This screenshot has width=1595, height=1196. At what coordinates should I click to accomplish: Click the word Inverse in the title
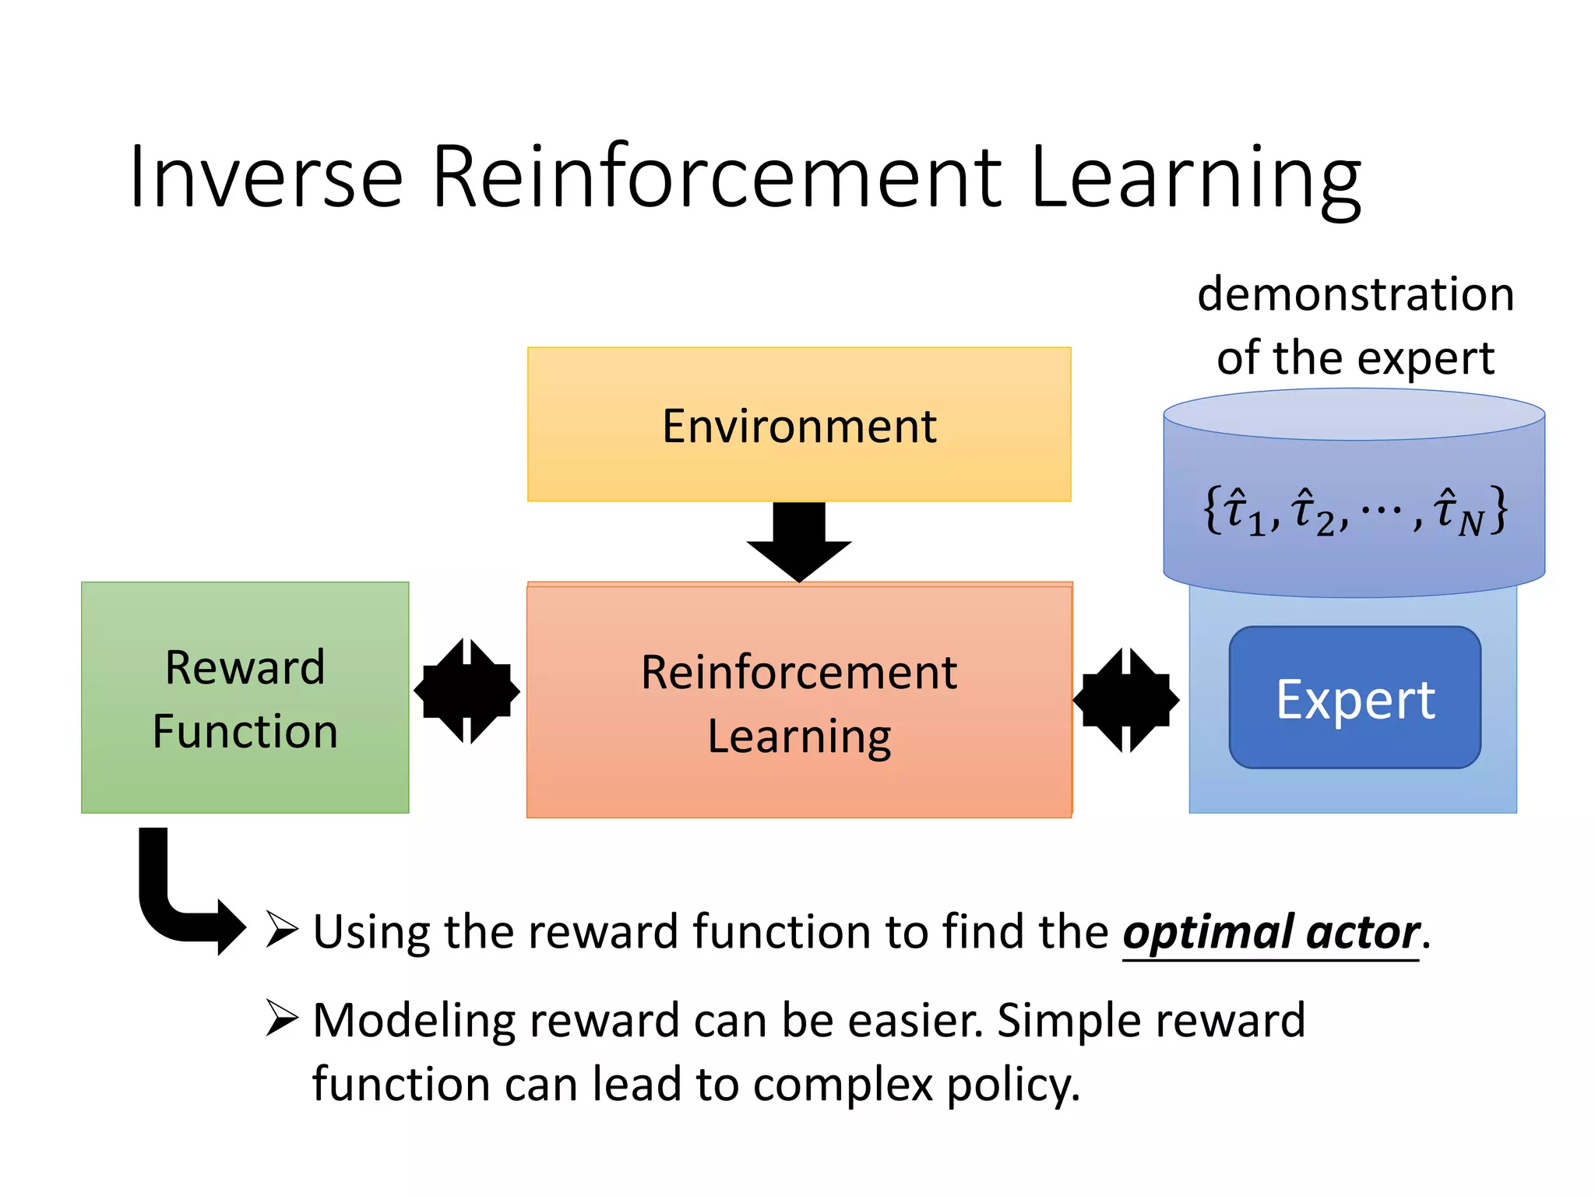(x=266, y=178)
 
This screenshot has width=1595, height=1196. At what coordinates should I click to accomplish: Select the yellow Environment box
(x=799, y=424)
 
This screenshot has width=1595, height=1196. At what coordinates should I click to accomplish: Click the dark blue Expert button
(x=1354, y=698)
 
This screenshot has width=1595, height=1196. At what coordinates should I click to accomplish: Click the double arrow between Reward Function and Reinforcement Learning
(x=467, y=691)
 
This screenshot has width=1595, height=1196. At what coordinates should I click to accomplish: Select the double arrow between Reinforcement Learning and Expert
(x=1126, y=700)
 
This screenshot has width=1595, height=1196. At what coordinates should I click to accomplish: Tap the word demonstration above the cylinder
(x=1355, y=295)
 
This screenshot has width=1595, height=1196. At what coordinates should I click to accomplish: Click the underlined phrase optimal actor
(x=1271, y=933)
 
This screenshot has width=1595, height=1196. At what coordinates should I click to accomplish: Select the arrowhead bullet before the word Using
(x=281, y=929)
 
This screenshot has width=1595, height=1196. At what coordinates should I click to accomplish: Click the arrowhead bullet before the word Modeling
(x=281, y=1018)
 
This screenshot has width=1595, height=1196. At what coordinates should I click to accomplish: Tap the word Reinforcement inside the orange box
(x=799, y=673)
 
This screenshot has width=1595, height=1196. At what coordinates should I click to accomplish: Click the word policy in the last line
(x=1012, y=1085)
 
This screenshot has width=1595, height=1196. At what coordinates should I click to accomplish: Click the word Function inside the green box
(x=245, y=732)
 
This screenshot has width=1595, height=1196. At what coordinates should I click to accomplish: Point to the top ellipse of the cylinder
(x=1354, y=415)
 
